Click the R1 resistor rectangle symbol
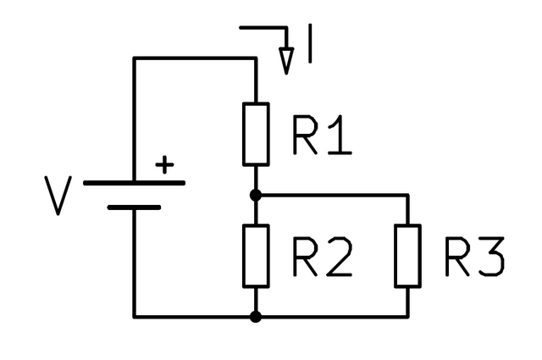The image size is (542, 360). pos(255,134)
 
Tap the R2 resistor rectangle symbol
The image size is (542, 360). pos(255,255)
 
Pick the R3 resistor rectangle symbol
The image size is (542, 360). pos(407,255)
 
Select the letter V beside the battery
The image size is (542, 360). pos(58,196)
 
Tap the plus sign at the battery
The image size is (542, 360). pos(165,164)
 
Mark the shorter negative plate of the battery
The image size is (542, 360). pos(134,206)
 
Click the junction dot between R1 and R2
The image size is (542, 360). pos(255,194)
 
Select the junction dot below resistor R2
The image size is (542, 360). pos(255,317)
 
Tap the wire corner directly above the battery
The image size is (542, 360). pos(134,58)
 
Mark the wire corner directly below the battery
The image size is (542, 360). pos(134,317)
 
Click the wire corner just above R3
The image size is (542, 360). pos(407,194)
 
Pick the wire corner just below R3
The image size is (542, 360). pos(407,317)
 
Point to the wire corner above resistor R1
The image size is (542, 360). pos(255,58)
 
